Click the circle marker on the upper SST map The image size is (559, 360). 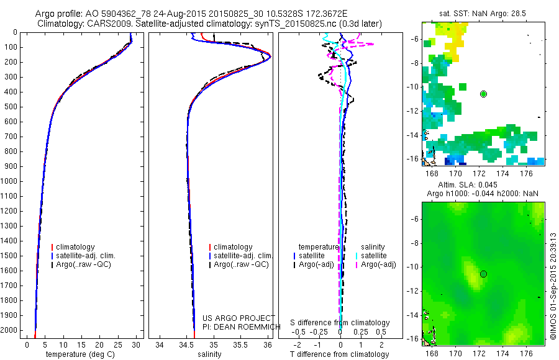click(483, 94)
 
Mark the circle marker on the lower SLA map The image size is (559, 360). click(483, 274)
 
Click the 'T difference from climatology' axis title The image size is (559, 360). click(341, 354)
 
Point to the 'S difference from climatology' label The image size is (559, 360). click(340, 323)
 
